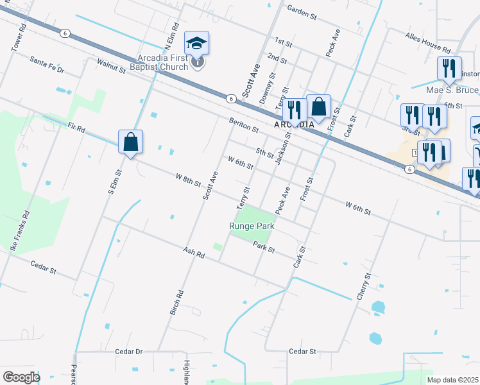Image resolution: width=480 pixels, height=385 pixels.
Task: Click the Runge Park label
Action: [x=252, y=226]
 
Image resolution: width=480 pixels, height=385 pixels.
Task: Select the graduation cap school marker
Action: [x=197, y=44]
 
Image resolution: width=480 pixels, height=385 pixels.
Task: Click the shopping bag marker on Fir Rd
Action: [x=130, y=142]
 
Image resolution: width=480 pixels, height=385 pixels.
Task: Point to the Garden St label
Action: [x=302, y=12]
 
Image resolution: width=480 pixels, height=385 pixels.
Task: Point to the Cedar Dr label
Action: [x=128, y=352]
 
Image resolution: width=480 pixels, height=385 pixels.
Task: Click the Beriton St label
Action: [x=243, y=124]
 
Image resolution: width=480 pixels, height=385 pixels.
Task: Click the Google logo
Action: [x=21, y=377]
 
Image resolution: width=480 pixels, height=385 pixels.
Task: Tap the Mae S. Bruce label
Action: [x=452, y=91]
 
